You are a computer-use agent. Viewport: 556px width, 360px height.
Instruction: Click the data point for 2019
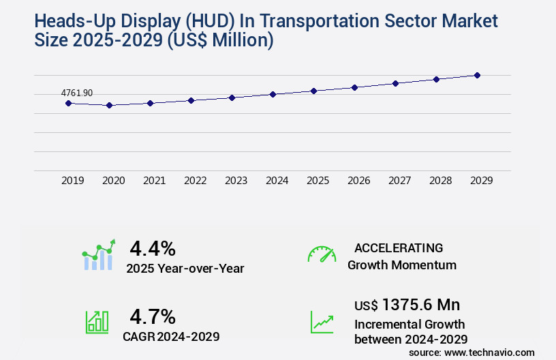[68, 103]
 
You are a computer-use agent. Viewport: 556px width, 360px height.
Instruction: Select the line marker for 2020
[109, 106]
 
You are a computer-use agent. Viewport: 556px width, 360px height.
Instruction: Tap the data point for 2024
[273, 94]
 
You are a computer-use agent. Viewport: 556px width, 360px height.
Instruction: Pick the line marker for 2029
[477, 75]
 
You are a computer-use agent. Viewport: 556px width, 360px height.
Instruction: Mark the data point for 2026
[354, 87]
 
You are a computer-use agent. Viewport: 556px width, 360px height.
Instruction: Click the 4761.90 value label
[76, 93]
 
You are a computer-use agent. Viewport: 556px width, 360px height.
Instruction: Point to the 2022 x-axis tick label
[195, 181]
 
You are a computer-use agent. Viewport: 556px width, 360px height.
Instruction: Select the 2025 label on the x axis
[318, 181]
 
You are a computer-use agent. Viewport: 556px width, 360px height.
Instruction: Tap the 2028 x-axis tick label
[440, 181]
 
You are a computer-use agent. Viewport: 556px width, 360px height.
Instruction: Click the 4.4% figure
[153, 247]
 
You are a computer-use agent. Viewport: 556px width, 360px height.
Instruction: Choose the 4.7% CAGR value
[153, 316]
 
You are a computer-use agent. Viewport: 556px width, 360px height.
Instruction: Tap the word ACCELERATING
[399, 247]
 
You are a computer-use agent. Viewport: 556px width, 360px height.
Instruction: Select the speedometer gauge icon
[322, 254]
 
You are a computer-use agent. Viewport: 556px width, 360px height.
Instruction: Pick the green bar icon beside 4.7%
[97, 322]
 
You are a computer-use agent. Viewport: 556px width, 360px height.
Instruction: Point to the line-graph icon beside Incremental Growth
[322, 322]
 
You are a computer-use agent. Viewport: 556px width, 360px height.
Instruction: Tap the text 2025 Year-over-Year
[185, 269]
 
